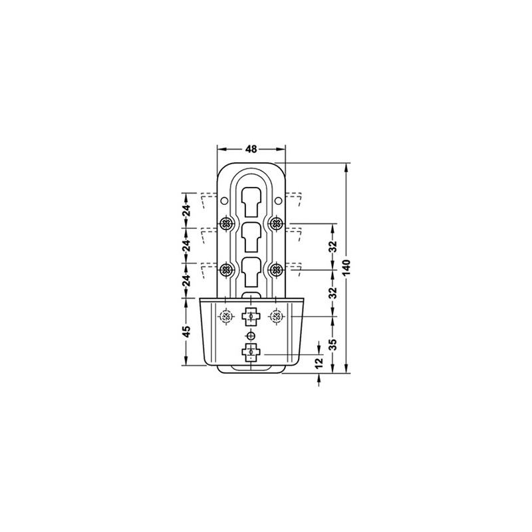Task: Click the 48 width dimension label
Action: [x=251, y=148]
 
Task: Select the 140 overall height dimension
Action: [x=346, y=268]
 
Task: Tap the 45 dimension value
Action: [x=186, y=331]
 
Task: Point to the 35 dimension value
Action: [x=333, y=344]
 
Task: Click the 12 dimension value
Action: [x=319, y=362]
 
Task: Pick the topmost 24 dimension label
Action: [x=186, y=211]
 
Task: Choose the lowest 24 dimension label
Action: [x=186, y=281]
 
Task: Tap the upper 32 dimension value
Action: [x=333, y=246]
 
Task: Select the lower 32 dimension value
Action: [x=333, y=293]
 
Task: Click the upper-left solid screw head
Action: [x=226, y=223]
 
